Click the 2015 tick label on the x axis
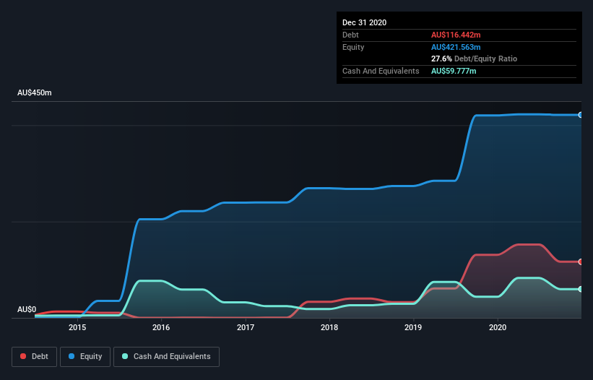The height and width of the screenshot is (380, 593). click(x=77, y=327)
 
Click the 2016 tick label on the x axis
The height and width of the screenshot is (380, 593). click(x=161, y=327)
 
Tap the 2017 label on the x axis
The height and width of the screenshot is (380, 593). click(x=246, y=327)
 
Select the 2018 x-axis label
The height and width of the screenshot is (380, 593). click(x=329, y=327)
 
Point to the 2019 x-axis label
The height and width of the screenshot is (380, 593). click(x=413, y=327)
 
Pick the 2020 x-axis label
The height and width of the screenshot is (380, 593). click(x=498, y=327)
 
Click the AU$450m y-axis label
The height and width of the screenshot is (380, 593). click(x=35, y=93)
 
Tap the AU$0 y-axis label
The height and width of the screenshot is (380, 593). click(x=27, y=309)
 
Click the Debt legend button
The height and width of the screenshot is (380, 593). click(x=33, y=356)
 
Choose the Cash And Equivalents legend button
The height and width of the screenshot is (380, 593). click(x=166, y=356)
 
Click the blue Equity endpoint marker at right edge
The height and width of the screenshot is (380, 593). click(x=581, y=115)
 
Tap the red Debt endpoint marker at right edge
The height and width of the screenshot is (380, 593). click(x=581, y=262)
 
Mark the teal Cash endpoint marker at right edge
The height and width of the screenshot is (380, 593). click(x=581, y=289)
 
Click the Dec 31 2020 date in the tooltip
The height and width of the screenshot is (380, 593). click(x=364, y=22)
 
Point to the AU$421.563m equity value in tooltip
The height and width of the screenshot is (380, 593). click(x=456, y=47)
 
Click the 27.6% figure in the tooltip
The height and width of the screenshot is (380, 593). click(x=441, y=59)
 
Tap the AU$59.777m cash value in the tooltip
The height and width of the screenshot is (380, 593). click(x=454, y=71)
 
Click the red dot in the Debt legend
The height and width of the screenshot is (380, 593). click(x=24, y=356)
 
